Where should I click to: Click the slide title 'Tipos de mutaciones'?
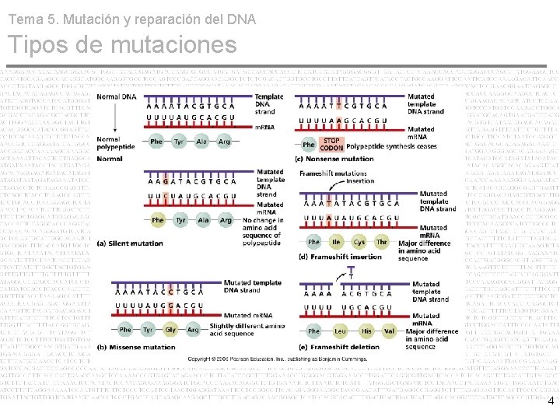(x=121, y=45)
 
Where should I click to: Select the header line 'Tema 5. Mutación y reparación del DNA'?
(x=131, y=19)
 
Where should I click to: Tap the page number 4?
(x=551, y=401)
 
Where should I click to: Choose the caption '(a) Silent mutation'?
(x=130, y=243)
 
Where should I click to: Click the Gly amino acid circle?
(x=170, y=330)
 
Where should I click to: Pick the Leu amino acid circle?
(x=340, y=331)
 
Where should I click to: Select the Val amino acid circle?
(x=390, y=331)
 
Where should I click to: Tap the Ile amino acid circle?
(x=336, y=242)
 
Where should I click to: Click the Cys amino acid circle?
(x=359, y=242)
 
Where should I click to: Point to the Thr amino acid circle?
(x=382, y=242)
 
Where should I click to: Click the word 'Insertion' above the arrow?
(x=361, y=181)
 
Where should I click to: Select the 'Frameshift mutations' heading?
(x=333, y=173)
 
